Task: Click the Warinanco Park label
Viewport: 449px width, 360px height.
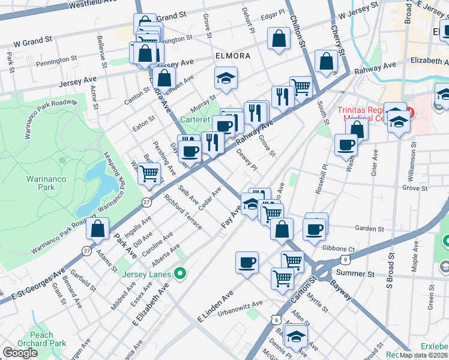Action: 41,184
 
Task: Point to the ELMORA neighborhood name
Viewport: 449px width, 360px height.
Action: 232,56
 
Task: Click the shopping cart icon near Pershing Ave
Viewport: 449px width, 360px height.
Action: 149,174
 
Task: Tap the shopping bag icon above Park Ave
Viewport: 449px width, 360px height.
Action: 97,229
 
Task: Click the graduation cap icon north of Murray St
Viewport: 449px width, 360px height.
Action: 226,78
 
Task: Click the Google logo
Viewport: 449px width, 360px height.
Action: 20,352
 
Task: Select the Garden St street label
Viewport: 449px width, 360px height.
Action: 369,229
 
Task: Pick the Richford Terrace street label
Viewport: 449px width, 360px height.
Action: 183,214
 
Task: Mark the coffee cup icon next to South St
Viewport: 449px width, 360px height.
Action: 346,145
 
